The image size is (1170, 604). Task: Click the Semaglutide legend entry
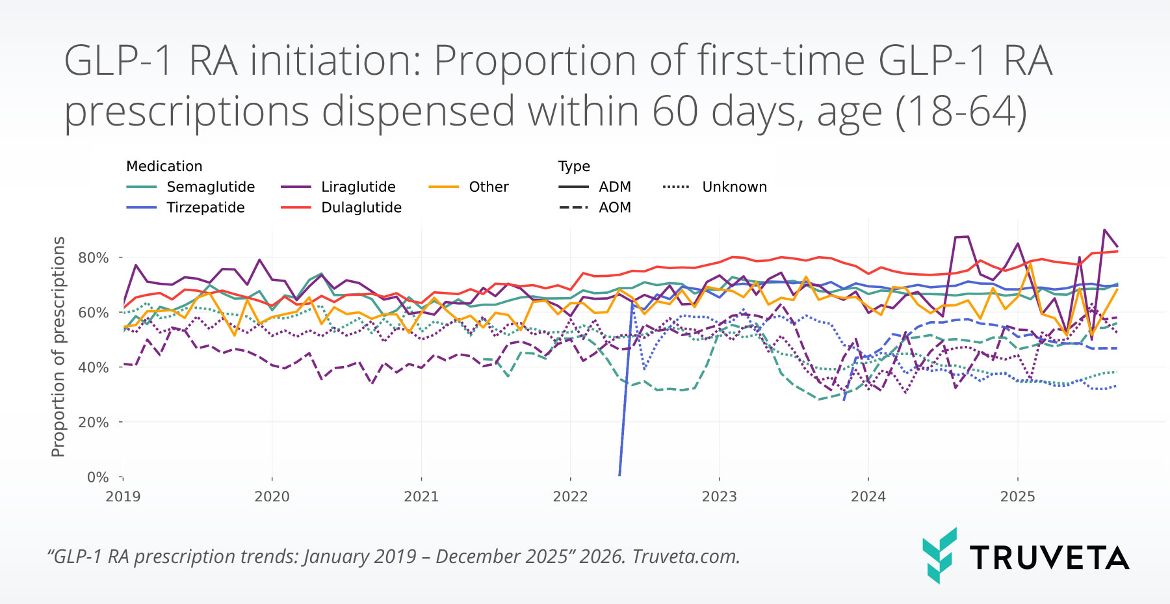tap(210, 187)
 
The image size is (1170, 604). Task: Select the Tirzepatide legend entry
tap(205, 207)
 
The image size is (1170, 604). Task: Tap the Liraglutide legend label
tap(358, 187)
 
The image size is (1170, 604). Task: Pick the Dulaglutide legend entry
tap(361, 207)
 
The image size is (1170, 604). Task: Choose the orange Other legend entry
tap(488, 187)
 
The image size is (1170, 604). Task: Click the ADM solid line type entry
tap(614, 187)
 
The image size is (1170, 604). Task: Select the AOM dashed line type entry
tap(614, 207)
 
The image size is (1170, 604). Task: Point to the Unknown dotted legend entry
tap(734, 187)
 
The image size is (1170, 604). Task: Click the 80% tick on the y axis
tap(93, 257)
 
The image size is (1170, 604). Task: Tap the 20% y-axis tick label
tap(93, 422)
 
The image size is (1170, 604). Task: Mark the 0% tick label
tap(97, 477)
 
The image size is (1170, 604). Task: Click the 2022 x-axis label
tap(570, 497)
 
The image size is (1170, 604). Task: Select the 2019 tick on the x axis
tap(123, 497)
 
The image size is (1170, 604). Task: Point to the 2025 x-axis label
tap(1017, 497)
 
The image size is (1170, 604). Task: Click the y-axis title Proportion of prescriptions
tap(58, 347)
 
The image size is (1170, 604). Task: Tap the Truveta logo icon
tap(939, 555)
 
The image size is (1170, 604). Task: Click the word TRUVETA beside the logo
tap(1049, 558)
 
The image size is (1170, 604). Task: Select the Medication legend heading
tap(164, 166)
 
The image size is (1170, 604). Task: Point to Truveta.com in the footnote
tap(686, 557)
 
